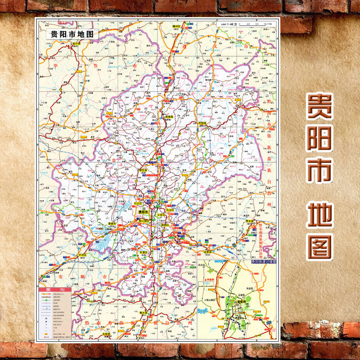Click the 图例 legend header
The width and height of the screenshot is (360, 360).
click(53, 289)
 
